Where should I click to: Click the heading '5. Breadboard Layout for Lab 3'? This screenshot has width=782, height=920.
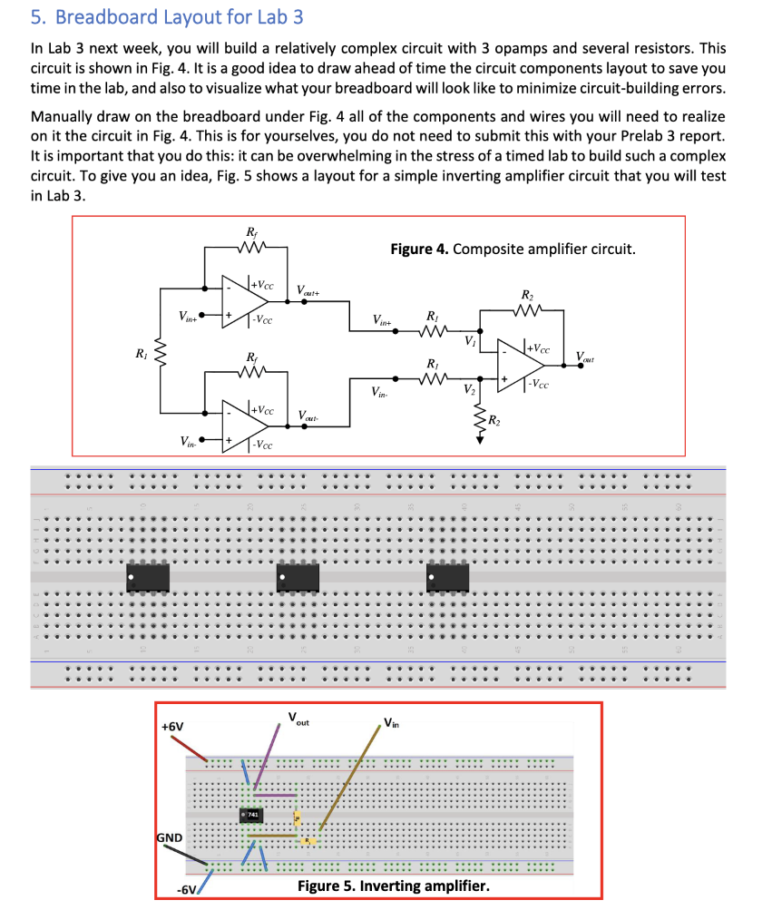pyautogui.click(x=167, y=16)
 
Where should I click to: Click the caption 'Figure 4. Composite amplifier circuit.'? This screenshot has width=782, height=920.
pyautogui.click(x=513, y=248)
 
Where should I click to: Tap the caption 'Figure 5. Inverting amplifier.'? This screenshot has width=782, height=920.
pyautogui.click(x=393, y=885)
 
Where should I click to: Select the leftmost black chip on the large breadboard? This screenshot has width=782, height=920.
pyautogui.click(x=149, y=575)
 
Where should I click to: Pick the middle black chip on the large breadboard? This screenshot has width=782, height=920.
pyautogui.click(x=298, y=575)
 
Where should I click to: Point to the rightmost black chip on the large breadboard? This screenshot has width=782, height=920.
pyautogui.click(x=447, y=575)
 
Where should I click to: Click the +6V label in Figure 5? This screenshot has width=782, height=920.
pyautogui.click(x=171, y=728)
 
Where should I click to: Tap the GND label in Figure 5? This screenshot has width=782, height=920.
pyautogui.click(x=171, y=837)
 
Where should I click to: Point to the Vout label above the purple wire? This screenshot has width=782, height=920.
pyautogui.click(x=298, y=719)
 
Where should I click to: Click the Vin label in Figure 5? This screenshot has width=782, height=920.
pyautogui.click(x=391, y=723)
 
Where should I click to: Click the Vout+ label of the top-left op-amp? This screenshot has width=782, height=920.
pyautogui.click(x=308, y=290)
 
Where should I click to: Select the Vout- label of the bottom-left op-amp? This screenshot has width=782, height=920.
pyautogui.click(x=308, y=416)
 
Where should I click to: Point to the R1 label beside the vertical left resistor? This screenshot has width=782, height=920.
pyautogui.click(x=139, y=354)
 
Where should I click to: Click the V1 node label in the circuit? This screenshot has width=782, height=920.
pyautogui.click(x=470, y=341)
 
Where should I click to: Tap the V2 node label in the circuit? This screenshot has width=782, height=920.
pyautogui.click(x=470, y=390)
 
